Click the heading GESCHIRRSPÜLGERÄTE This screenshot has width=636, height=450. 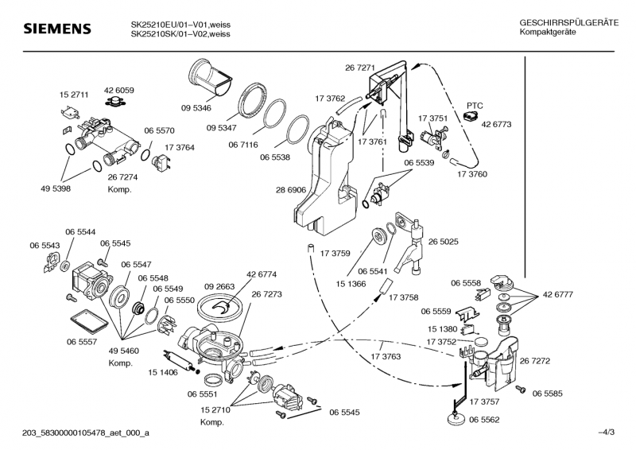click(x=568, y=23)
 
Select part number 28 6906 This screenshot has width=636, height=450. click(x=291, y=192)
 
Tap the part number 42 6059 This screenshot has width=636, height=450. click(x=118, y=91)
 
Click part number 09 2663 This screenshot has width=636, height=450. click(x=219, y=286)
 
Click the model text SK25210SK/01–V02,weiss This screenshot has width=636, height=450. click(x=180, y=33)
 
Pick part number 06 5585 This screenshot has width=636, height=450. click(x=548, y=393)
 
